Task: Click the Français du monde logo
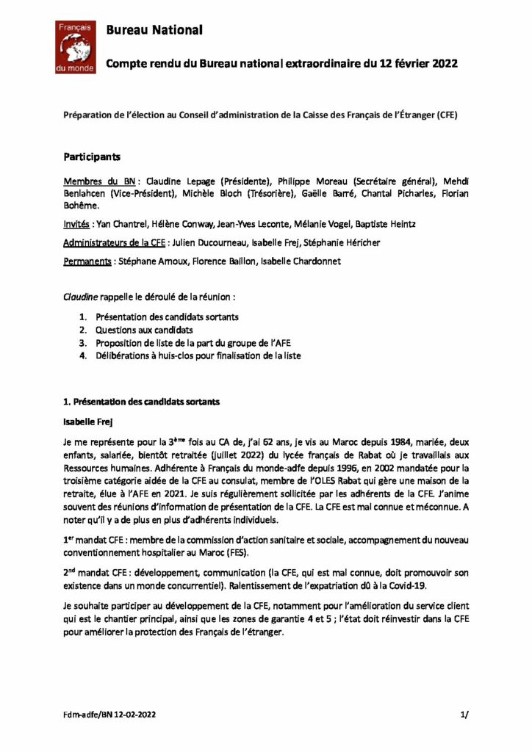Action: pyautogui.click(x=76, y=46)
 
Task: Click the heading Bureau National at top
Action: pyautogui.click(x=154, y=30)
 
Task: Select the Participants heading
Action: pyautogui.click(x=91, y=156)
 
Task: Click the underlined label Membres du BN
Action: pyautogui.click(x=102, y=180)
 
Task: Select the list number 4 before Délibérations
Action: pyautogui.click(x=84, y=355)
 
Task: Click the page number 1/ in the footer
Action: pyautogui.click(x=463, y=714)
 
